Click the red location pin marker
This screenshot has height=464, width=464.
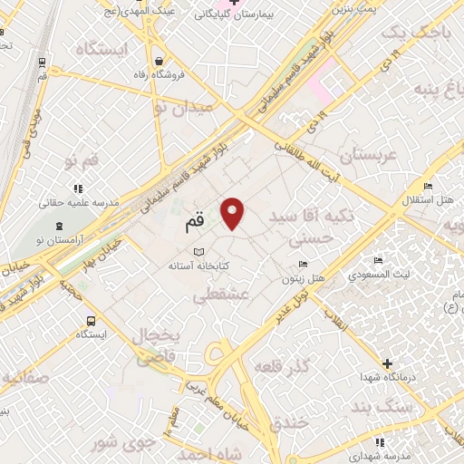click(x=234, y=213)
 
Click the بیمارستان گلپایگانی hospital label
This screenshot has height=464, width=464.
click(x=227, y=15)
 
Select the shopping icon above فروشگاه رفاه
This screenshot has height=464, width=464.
click(x=159, y=59)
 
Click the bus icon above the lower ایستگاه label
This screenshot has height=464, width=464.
click(x=92, y=320)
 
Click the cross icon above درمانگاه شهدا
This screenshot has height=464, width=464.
click(x=389, y=362)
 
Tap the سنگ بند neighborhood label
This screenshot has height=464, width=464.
click(x=411, y=408)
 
